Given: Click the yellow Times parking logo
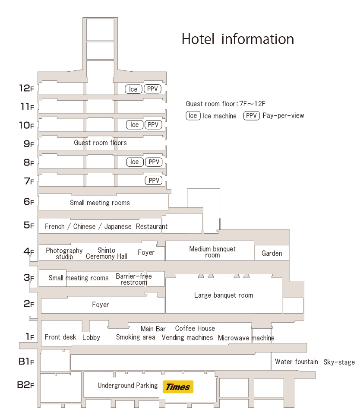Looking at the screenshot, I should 178,387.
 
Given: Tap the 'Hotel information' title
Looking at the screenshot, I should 237,39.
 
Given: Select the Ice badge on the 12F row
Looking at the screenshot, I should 133,89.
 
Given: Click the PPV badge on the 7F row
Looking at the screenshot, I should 154,181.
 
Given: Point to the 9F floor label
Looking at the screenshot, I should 28,144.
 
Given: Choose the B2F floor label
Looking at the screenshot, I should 25,384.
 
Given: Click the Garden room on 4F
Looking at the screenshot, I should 272,253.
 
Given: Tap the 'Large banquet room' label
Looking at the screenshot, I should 224,295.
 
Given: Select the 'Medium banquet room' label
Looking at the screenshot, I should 212,252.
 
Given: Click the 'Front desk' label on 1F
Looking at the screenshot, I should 60,337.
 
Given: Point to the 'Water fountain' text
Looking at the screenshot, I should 297,362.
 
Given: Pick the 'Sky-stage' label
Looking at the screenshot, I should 339,362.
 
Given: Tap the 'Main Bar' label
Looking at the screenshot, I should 153,329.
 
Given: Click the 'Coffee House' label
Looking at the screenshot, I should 195,329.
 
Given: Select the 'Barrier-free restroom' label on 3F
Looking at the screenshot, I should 134,279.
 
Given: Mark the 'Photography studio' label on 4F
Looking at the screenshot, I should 64,254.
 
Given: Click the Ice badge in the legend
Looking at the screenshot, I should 193,115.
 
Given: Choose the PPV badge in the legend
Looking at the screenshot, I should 251,115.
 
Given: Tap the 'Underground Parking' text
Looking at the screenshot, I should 127,386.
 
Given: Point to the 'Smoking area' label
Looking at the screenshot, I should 136,337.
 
